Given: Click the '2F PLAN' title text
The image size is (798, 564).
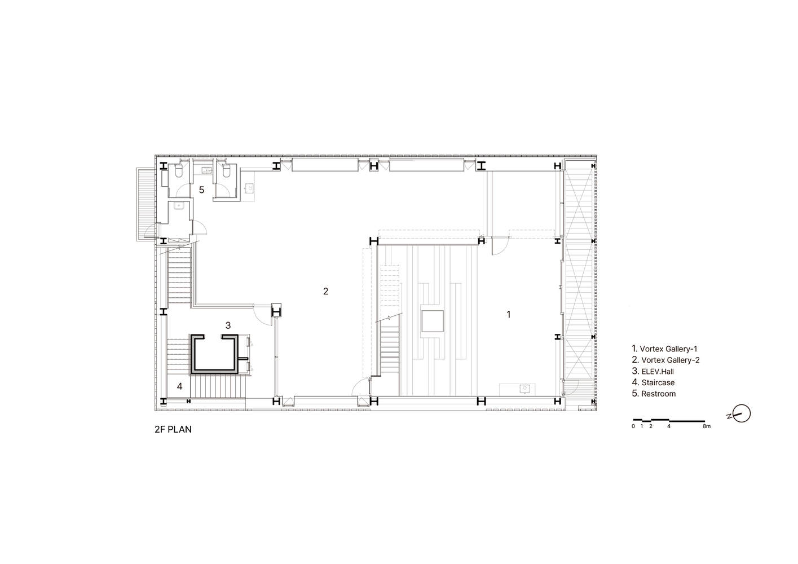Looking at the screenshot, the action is click(173, 429).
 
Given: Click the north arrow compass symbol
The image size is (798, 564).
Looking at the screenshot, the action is click(742, 413).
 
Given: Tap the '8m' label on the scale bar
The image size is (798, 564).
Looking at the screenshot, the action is click(707, 426).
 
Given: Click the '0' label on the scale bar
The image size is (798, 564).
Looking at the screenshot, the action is click(633, 426).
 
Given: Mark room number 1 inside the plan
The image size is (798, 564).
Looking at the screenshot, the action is click(508, 314).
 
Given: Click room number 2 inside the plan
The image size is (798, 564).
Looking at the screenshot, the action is click(325, 292).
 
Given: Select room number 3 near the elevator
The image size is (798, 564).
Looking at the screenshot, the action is click(228, 325).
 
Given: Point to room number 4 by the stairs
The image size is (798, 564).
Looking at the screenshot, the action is click(179, 386).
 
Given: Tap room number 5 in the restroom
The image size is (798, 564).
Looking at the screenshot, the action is click(201, 190).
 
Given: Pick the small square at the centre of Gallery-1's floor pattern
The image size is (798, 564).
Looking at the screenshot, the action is click(433, 321).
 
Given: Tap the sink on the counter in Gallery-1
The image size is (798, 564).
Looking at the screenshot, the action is click(524, 389).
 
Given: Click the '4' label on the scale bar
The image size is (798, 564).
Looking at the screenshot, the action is click(669, 426).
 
